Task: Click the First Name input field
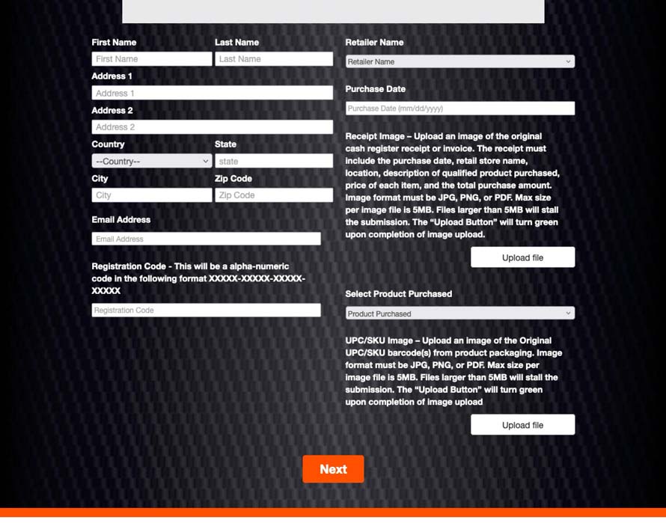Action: point(152,58)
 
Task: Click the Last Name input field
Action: point(274,58)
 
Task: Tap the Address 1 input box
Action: point(212,93)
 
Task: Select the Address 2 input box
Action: point(212,127)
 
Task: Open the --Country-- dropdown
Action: point(152,161)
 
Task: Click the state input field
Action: point(274,161)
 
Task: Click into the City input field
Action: point(152,195)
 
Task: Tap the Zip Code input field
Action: point(274,195)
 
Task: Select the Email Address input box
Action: point(206,239)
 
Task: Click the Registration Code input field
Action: point(206,310)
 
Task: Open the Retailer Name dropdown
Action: point(459,61)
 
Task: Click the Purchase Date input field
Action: point(459,108)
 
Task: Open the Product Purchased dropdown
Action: point(459,314)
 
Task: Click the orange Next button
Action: point(333,469)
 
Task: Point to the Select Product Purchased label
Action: point(398,294)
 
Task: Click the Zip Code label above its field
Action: point(233,179)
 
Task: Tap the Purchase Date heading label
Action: point(375,89)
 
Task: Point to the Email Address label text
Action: point(120,220)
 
